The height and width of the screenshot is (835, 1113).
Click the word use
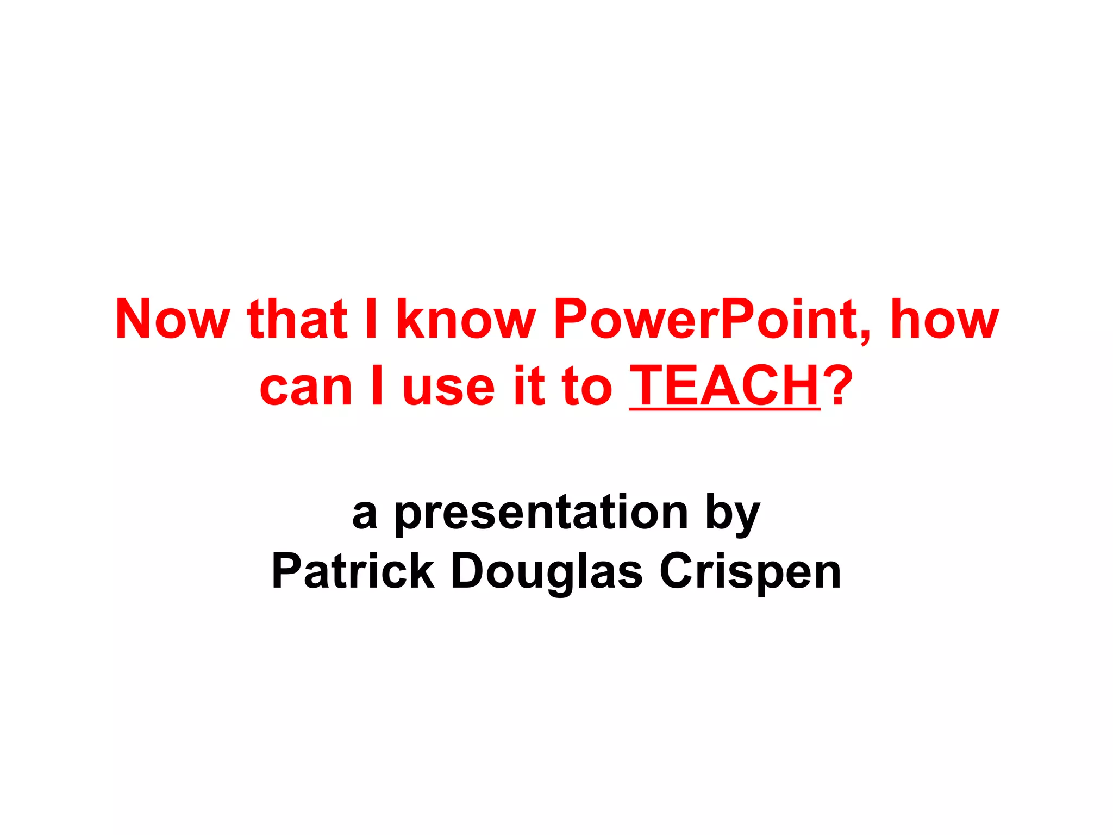(x=448, y=388)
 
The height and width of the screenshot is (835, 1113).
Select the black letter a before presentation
(x=365, y=514)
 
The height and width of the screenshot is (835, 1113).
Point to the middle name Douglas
(x=547, y=573)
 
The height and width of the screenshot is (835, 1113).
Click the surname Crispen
(x=750, y=573)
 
